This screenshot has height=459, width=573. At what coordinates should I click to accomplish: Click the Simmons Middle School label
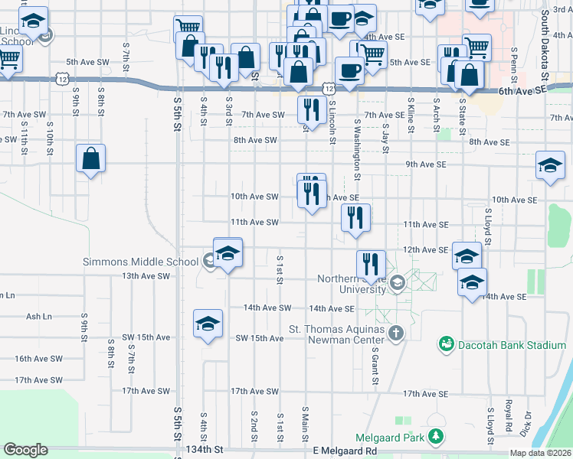pos(140,262)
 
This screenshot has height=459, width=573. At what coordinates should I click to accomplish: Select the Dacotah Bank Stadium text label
pos(512,345)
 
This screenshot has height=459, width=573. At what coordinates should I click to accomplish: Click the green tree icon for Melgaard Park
pos(436,437)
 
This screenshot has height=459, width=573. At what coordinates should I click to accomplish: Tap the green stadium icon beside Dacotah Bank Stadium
pos(446,345)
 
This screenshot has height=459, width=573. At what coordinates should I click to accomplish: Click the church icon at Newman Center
pos(395,333)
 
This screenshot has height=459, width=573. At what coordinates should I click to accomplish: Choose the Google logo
pos(25,450)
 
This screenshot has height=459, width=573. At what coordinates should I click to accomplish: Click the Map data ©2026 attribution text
pos(541,453)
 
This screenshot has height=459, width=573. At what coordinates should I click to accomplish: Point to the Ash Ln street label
pos(38,316)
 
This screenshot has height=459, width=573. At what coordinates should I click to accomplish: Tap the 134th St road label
pos(208,451)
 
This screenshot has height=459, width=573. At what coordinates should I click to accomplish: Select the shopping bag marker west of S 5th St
pos(90,159)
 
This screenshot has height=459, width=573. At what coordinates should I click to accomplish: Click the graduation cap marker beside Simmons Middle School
pos(228,252)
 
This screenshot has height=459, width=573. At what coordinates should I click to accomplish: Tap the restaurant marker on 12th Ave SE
pos(371,265)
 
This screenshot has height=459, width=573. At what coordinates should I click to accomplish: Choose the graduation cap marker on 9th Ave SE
pos(550,167)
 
